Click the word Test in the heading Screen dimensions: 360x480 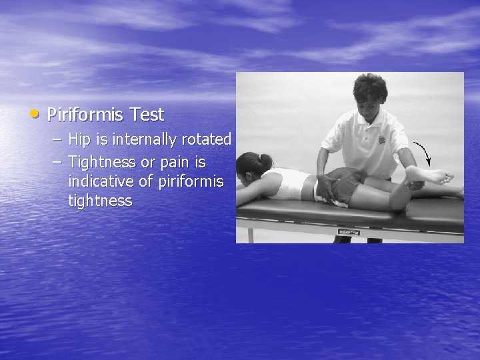[x=147, y=115]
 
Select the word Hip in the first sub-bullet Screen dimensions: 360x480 [x=81, y=140]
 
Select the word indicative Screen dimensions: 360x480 [x=102, y=181]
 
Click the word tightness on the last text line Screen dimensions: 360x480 [x=100, y=201]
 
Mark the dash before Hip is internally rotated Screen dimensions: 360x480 [x=57, y=141]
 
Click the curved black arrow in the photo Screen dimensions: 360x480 [x=424, y=153]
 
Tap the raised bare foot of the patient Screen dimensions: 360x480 [x=431, y=175]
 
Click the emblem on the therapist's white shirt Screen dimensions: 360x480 [x=381, y=140]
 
